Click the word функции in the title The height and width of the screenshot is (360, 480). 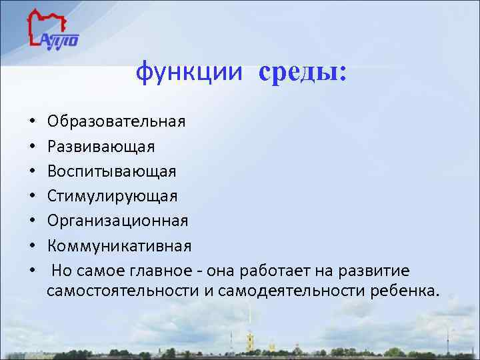(x=191, y=73)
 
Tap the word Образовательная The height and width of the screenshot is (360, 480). (x=117, y=122)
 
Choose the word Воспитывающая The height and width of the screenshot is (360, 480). (x=112, y=171)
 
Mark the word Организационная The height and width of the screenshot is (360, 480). (x=118, y=221)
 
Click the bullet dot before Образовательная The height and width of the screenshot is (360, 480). (x=32, y=123)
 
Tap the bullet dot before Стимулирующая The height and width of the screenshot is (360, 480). (x=32, y=197)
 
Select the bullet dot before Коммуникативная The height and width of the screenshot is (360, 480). (x=32, y=247)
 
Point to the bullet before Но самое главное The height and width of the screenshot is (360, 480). (x=32, y=271)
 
